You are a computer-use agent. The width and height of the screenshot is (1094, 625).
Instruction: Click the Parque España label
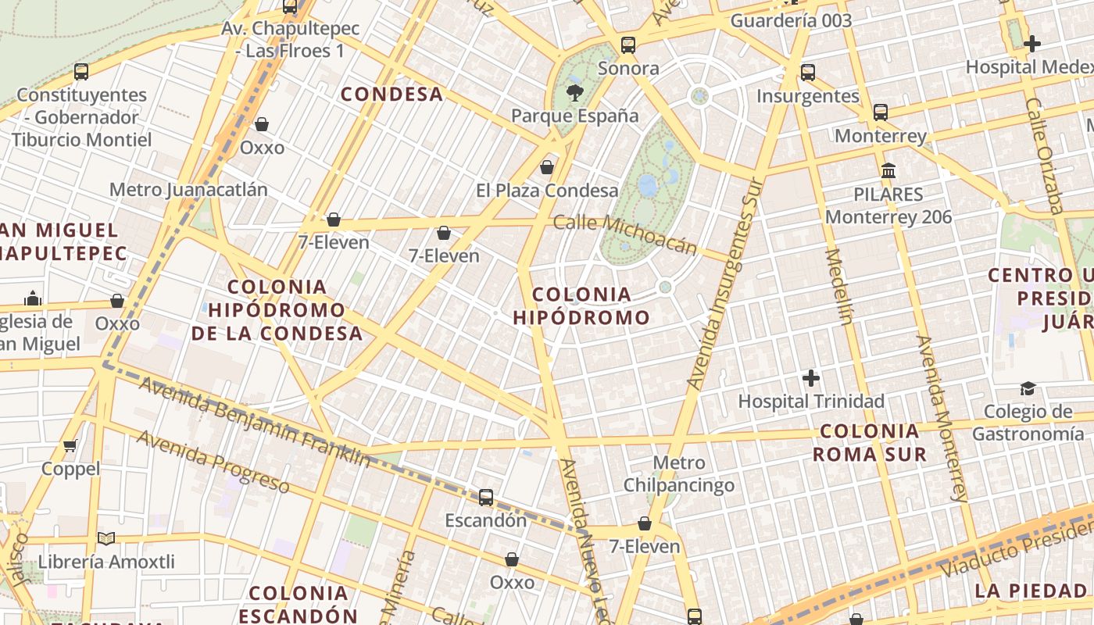pos(574,116)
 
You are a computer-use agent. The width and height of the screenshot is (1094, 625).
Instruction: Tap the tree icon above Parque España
pos(574,94)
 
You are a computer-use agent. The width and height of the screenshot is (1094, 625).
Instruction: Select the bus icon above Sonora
pos(628,45)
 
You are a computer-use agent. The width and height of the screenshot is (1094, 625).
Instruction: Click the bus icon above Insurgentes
pos(808,73)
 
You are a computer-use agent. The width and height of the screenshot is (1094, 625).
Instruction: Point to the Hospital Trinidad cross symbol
pos(811,378)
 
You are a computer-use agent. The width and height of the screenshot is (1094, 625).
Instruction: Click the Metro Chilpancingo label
pos(678,474)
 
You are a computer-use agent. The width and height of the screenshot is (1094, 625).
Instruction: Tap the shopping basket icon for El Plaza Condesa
pos(547,167)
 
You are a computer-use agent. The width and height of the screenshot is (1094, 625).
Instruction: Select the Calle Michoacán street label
pos(624,234)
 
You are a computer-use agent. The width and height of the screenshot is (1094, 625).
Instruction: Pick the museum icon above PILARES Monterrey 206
pos(888,170)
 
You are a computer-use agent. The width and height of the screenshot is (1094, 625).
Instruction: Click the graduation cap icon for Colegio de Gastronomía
pos(1028,388)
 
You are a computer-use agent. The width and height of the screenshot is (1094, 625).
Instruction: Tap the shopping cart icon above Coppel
pos(70,445)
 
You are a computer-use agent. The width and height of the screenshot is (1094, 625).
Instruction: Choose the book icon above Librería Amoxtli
pos(106,538)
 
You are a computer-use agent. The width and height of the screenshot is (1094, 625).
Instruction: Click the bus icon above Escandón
pos(485,497)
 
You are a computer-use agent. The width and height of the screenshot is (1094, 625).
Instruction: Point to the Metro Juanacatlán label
pos(188,190)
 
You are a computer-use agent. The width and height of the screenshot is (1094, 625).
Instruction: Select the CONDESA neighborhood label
pos(391,95)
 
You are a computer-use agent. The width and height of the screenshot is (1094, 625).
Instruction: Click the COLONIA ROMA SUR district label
pos(869,442)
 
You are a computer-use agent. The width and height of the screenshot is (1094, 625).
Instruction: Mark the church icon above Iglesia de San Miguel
pos(33,298)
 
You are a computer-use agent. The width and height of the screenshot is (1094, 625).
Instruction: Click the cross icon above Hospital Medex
pos(1031,44)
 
